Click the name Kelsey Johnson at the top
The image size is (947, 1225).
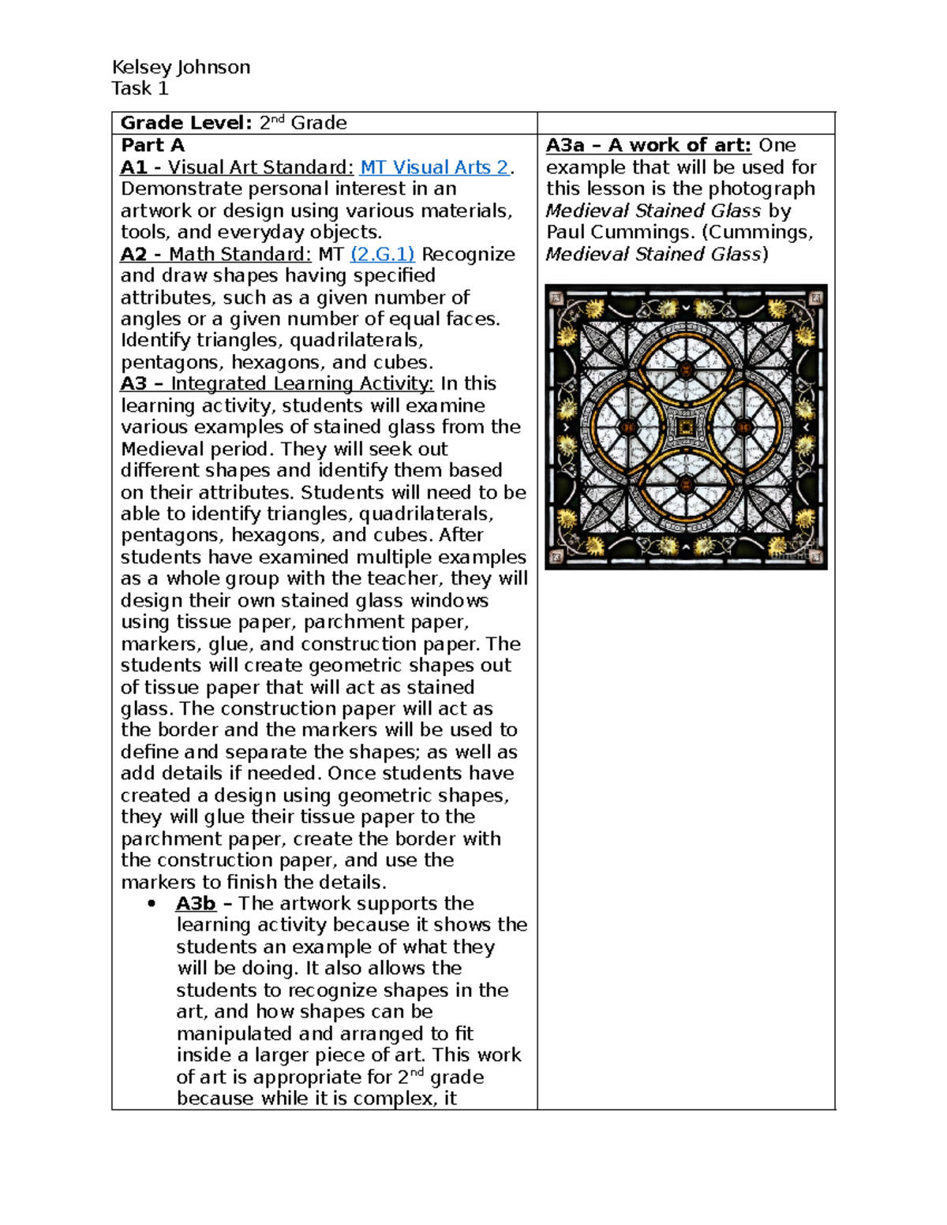[x=181, y=67]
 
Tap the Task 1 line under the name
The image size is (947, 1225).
[x=140, y=88]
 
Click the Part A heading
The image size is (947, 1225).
[x=152, y=145]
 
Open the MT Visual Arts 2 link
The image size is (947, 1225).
[x=434, y=167]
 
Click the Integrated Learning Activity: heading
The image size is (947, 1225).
[x=301, y=383]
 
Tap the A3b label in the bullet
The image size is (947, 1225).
[x=195, y=903]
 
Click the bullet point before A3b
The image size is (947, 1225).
[x=152, y=904]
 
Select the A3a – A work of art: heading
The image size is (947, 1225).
[x=648, y=145]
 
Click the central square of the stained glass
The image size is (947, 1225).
[x=686, y=427]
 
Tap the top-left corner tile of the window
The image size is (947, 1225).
[x=556, y=297]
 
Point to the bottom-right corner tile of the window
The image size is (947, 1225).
[x=816, y=556]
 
